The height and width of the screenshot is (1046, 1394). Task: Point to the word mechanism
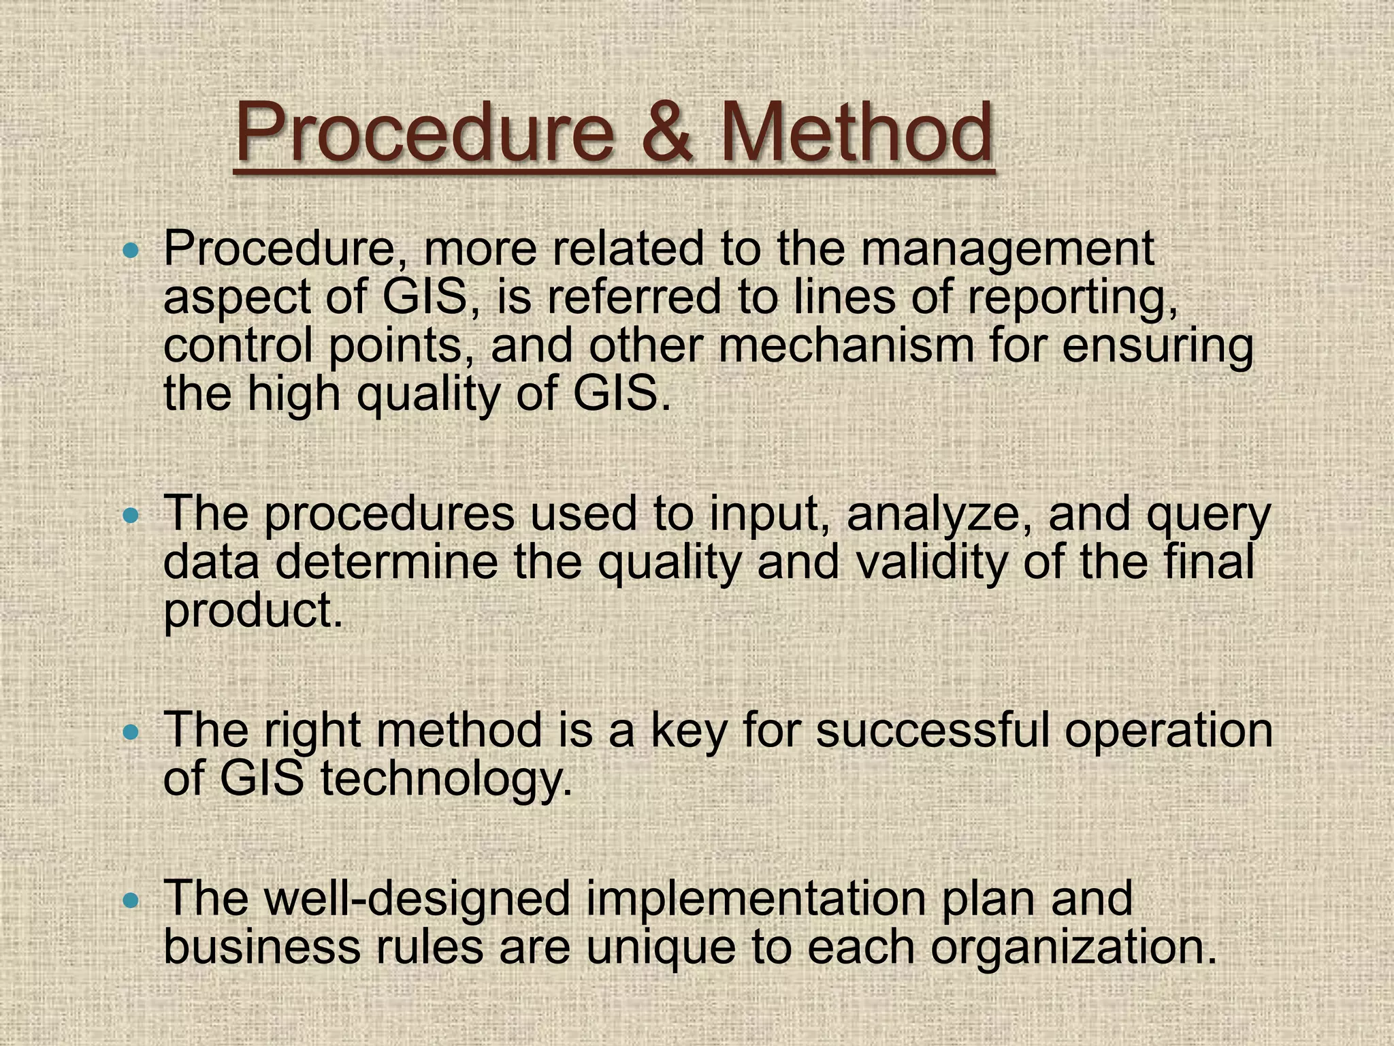[846, 345]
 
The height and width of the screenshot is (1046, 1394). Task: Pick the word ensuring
[1157, 345]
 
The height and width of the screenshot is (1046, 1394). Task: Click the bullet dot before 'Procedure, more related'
[130, 252]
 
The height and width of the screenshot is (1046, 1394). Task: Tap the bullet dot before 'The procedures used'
[130, 516]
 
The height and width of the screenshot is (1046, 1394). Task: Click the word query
[1208, 516]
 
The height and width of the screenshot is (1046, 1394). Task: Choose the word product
[253, 611]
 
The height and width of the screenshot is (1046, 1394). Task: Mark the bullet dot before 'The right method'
[130, 733]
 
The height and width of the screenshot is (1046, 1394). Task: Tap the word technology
[446, 780]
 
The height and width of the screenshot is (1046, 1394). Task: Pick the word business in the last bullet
[261, 947]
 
